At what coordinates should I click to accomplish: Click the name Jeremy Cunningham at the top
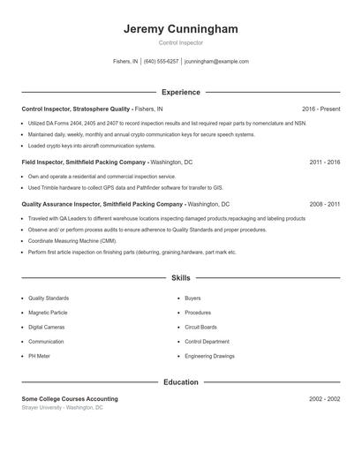coord(180,29)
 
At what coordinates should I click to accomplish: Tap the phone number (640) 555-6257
coord(161,62)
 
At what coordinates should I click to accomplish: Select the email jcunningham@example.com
coord(216,62)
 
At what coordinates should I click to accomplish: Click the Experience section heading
coord(180,92)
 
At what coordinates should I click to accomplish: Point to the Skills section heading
coord(180,278)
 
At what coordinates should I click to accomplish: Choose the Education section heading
coord(180,382)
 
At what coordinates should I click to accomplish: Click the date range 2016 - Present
coord(321,109)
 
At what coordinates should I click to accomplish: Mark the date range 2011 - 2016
coord(325,162)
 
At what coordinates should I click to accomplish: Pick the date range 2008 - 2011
coord(325,204)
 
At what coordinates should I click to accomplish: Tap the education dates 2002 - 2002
coord(325,399)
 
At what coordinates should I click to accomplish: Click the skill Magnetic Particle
coord(48,313)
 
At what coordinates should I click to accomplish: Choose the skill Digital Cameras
coord(46,327)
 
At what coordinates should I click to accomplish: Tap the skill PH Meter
coord(39,356)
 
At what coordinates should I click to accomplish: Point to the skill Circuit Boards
coord(200,327)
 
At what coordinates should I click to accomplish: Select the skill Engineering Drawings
coord(209,356)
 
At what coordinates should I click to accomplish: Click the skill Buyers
coord(192,298)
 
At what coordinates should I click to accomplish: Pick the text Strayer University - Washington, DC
coord(62,408)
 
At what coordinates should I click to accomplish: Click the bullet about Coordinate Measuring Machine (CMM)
coord(72,241)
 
